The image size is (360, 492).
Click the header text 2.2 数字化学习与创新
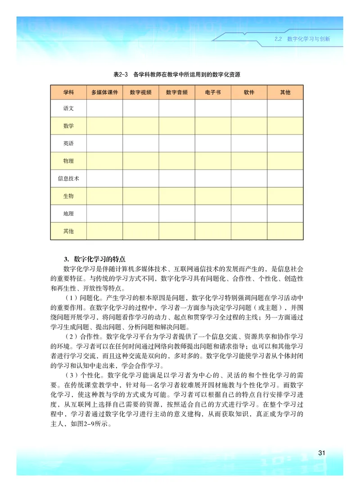[302, 39]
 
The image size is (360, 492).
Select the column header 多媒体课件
[104, 92]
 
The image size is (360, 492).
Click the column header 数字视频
[140, 92]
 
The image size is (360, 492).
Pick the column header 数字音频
[176, 92]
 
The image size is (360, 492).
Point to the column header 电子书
[213, 92]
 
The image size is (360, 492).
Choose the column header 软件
[249, 92]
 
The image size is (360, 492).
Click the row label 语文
[68, 108]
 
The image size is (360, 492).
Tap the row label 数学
[68, 125]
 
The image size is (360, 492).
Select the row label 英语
[68, 143]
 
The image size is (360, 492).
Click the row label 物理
[68, 161]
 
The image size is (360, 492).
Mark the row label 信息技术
[68, 178]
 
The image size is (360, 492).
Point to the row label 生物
[68, 196]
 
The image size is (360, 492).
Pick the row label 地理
[68, 213]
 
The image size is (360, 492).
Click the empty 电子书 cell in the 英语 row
[213, 143]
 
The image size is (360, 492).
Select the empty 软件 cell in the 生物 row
[249, 196]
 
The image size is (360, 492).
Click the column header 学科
[68, 92]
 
